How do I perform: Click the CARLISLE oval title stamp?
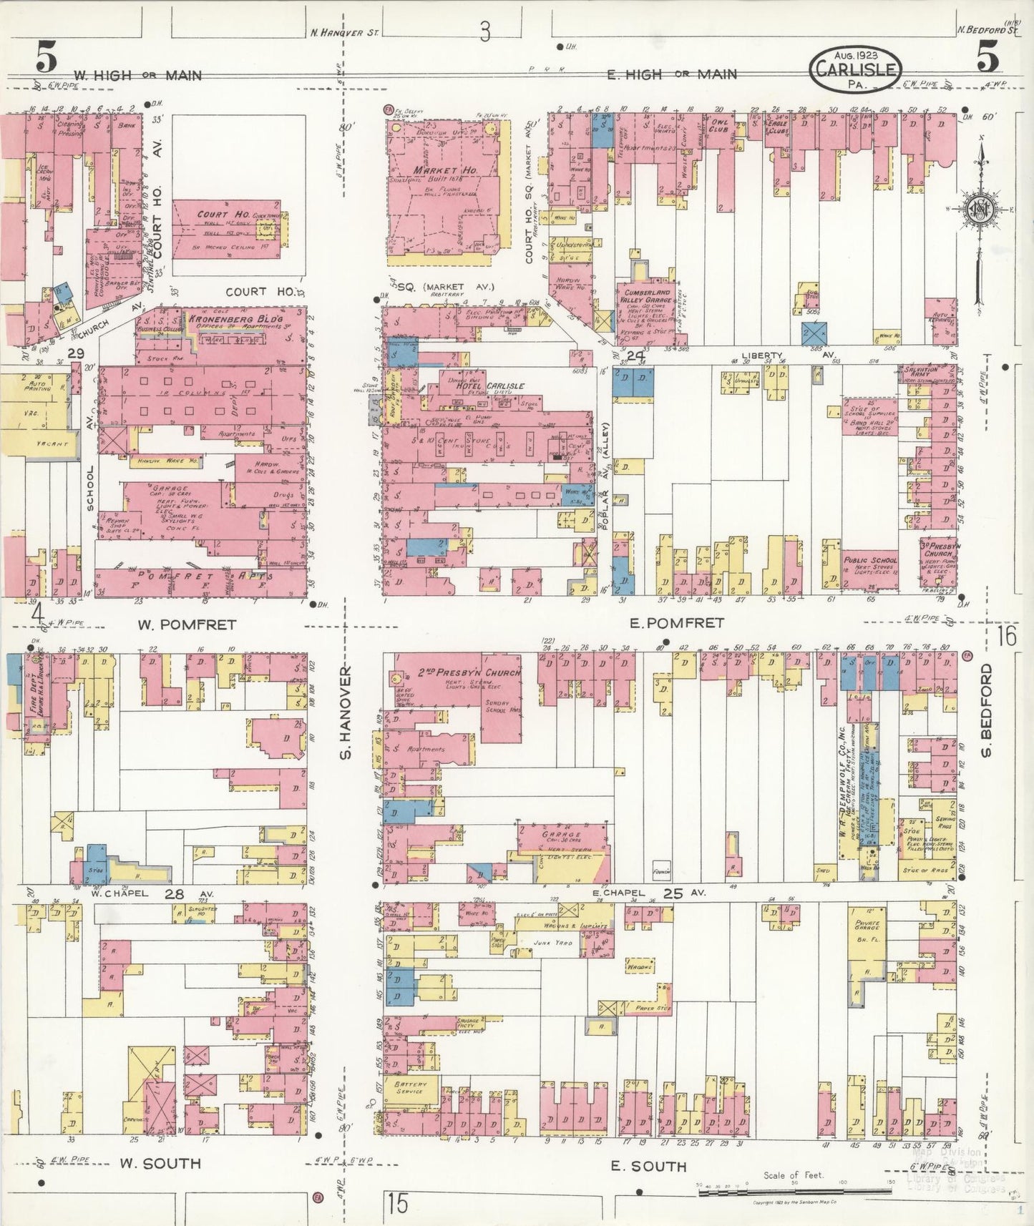click(x=856, y=69)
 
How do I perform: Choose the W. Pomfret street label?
click(x=187, y=624)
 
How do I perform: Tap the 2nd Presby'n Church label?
click(x=469, y=673)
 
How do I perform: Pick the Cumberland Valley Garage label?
click(x=647, y=297)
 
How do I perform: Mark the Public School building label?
click(x=870, y=561)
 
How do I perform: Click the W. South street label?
click(x=159, y=1163)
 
